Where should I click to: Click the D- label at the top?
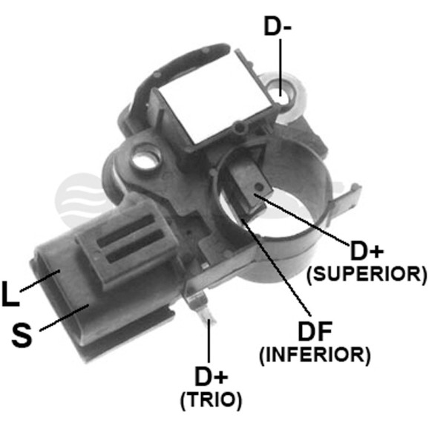coord(278,26)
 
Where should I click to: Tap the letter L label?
coord(10,293)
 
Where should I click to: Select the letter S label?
coord(22,335)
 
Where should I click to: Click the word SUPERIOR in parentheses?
coord(367,274)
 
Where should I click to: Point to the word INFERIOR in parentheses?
coord(315,354)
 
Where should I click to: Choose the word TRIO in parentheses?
coord(211,399)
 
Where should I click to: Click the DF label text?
coord(315,331)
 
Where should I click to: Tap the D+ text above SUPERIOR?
coord(366,251)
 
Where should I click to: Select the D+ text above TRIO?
coord(211,377)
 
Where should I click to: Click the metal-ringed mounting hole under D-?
coord(282,96)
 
